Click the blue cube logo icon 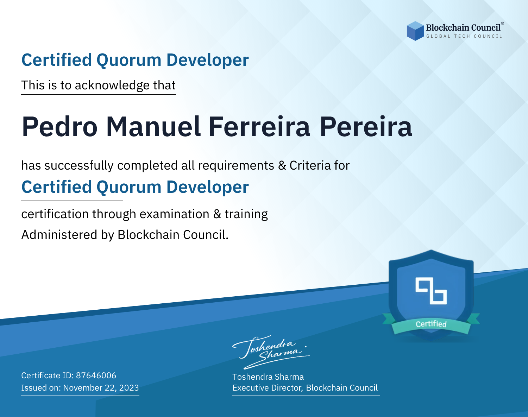415,31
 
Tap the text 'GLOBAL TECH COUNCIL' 464,36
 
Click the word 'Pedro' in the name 59,127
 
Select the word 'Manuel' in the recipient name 153,127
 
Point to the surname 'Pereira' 366,127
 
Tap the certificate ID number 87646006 96,375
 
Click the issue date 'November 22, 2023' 101,388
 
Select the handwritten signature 271,352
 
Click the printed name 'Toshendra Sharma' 268,377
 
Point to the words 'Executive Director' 267,388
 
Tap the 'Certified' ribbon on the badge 431,324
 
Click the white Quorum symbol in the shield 431,291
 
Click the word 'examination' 175,214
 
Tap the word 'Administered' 59,235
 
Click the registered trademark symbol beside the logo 502,24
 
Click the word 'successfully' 79,166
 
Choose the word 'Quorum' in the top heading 129,60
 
